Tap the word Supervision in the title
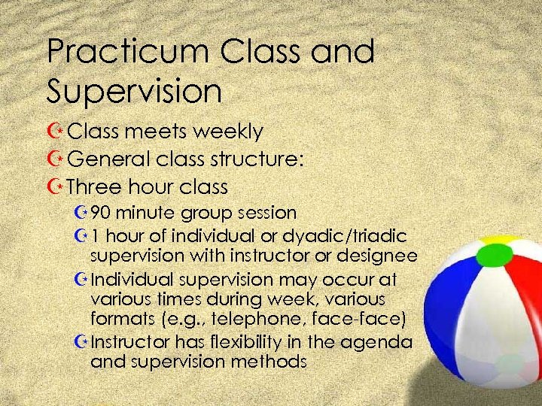coord(134,91)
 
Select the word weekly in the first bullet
coord(227,132)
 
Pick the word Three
coord(96,186)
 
